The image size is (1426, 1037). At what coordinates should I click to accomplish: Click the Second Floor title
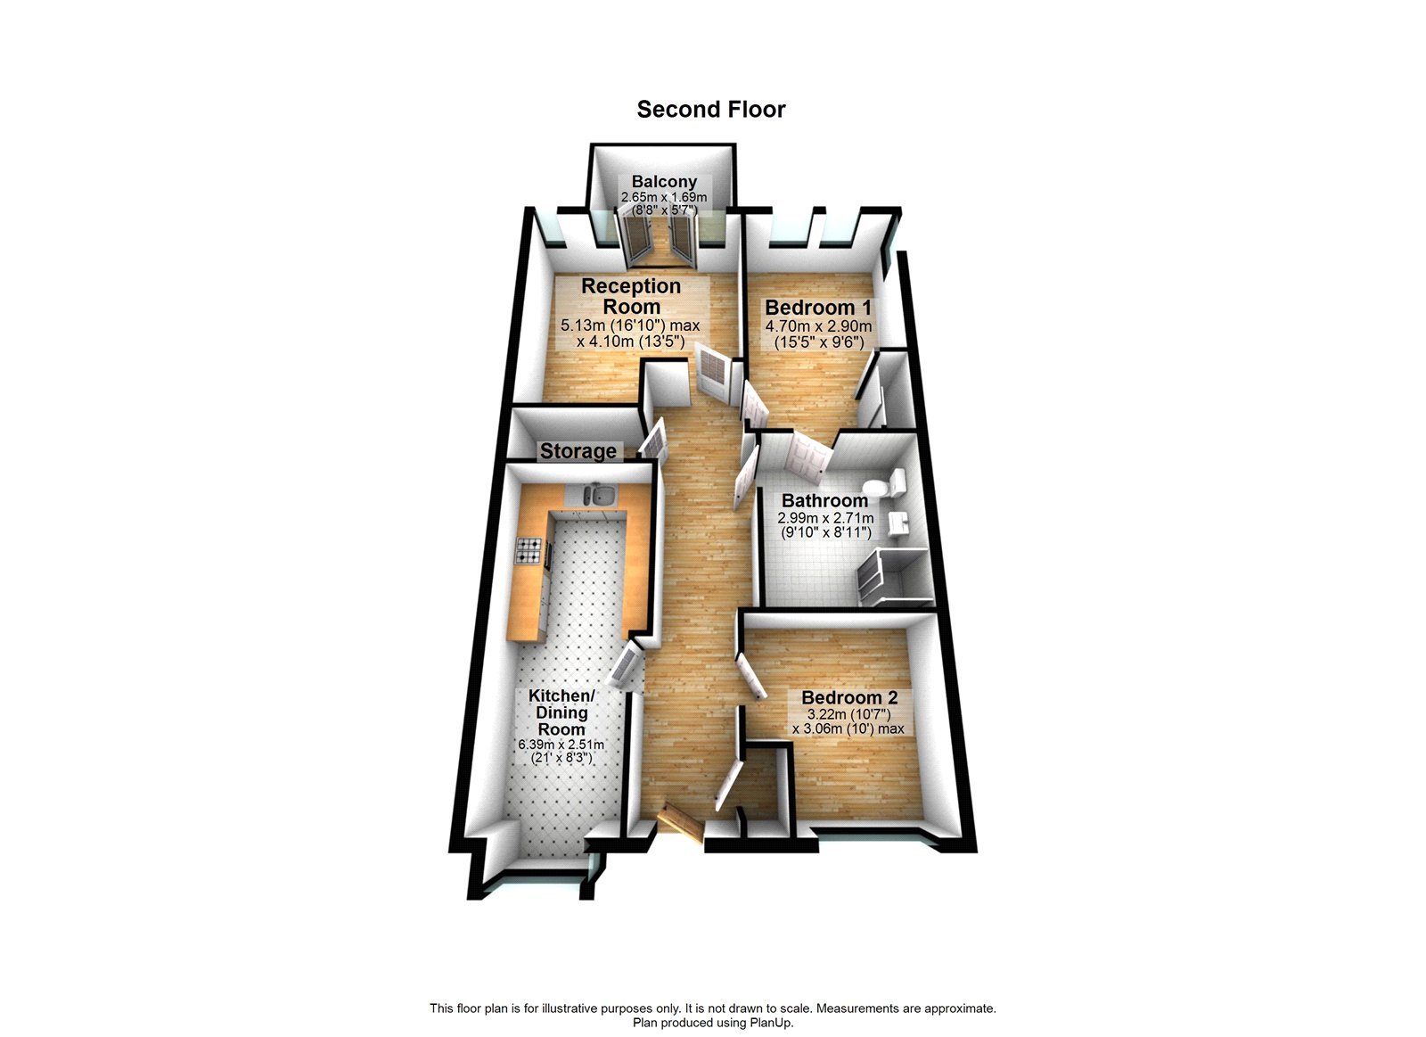pos(710,110)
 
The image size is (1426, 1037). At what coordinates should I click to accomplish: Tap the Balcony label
pos(664,181)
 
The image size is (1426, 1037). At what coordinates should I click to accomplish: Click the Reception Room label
pos(631,296)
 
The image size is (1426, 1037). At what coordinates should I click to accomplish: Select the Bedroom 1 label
pos(818,308)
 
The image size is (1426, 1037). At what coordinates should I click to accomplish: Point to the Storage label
pos(578,451)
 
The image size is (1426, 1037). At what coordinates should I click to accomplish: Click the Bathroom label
pos(824,500)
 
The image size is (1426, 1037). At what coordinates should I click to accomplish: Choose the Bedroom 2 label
pos(849,698)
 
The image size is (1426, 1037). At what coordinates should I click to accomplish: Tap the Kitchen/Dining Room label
pos(561,712)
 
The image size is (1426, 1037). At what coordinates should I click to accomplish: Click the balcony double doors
pos(660,240)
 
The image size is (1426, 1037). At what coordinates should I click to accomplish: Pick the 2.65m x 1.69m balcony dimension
pos(664,197)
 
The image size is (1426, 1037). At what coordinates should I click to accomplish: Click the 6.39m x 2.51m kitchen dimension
pos(561,745)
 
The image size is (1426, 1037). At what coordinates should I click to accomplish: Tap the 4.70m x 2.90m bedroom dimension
pos(818,326)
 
